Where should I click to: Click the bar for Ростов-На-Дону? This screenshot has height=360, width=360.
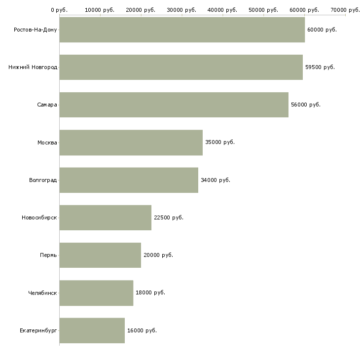tap(182, 30)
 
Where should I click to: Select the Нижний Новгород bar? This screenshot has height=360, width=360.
tap(181, 67)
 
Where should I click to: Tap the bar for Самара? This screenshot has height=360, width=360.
tap(174, 105)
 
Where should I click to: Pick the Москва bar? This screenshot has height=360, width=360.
tap(131, 143)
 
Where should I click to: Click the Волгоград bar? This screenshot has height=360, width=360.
tap(129, 180)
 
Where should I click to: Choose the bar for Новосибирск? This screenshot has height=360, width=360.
tap(105, 217)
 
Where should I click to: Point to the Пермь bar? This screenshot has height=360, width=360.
tap(100, 255)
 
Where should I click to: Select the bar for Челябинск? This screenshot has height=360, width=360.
tap(96, 293)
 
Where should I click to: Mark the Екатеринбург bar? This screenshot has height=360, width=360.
tap(92, 330)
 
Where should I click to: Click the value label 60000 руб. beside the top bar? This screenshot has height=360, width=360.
tap(322, 30)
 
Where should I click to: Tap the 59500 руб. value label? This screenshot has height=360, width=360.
tap(320, 67)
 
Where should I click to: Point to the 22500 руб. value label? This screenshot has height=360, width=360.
tap(169, 217)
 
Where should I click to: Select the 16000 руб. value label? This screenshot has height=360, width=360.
tap(142, 330)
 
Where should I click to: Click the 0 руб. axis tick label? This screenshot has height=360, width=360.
tap(59, 9)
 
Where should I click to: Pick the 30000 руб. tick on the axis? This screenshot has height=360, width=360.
tap(182, 9)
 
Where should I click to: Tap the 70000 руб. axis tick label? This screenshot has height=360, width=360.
tap(345, 9)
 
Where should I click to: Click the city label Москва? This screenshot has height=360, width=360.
tap(47, 143)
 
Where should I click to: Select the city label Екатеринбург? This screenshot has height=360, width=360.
tap(38, 330)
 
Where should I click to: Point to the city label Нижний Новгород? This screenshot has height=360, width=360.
tap(33, 67)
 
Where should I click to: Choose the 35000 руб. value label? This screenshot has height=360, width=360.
tap(220, 143)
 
